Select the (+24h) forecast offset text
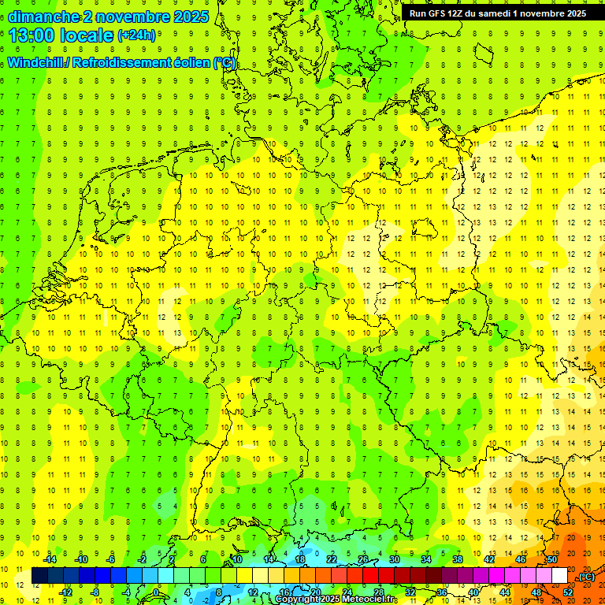(136, 35)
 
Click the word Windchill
(37, 62)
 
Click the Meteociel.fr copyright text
(339, 599)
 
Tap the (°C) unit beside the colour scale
(585, 576)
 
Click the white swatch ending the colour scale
(559, 576)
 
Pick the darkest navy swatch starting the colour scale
(39, 576)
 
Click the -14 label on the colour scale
(51, 559)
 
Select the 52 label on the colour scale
(568, 592)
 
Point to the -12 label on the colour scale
(66, 592)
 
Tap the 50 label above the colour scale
(551, 559)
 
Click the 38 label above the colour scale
(457, 559)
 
